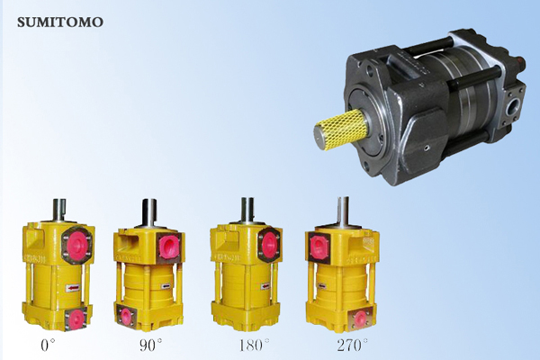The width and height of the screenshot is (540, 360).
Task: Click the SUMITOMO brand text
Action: pos(60,22)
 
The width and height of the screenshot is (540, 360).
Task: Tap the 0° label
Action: pos(48,346)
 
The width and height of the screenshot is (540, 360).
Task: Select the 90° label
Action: pos(150,346)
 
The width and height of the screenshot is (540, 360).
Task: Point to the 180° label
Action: pos(255,346)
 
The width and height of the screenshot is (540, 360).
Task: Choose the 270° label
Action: pos(352,346)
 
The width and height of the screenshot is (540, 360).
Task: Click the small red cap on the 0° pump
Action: pos(75,318)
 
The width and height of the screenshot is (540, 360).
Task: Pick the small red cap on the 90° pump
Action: pos(126,314)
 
